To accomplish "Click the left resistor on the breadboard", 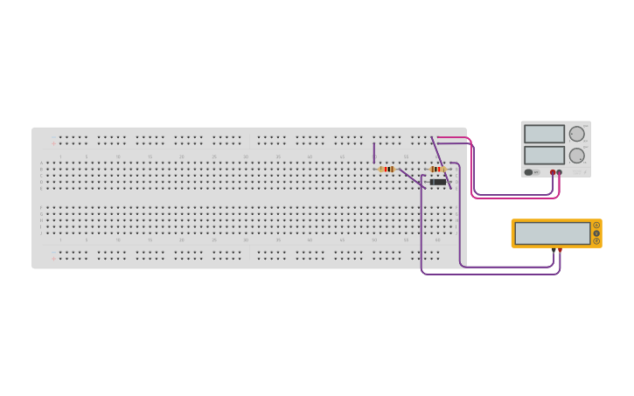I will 387,169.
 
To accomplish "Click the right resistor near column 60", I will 438,169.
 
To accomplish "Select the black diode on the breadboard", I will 437,182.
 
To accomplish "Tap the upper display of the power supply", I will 544,134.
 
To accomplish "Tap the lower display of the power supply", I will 544,155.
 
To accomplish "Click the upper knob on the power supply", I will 576,134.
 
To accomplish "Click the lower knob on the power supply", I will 576,155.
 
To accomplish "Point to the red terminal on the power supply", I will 559,172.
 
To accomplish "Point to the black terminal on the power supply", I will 553,172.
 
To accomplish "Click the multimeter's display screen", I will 552,233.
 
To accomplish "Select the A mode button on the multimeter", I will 596,226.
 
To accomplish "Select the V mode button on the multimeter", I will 596,233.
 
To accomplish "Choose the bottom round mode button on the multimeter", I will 596,241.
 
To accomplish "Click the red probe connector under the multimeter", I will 560,250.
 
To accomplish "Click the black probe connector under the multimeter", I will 554,250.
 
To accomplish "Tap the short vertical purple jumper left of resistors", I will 374,152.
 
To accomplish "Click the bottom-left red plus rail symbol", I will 52,259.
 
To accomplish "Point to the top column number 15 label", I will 150,157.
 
